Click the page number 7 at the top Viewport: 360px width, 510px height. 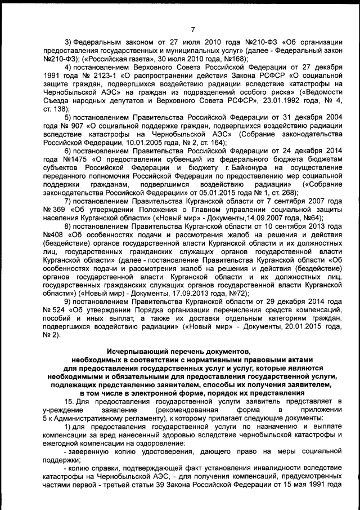tap(192, 29)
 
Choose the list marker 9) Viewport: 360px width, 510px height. tap(69, 302)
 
